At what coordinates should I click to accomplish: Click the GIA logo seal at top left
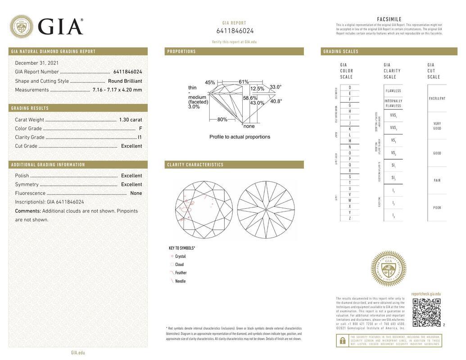tap(21, 27)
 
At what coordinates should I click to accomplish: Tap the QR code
tap(426, 312)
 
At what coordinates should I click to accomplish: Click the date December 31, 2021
tap(37, 63)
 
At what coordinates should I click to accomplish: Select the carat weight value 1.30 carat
tap(130, 120)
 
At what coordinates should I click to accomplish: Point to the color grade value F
tap(140, 129)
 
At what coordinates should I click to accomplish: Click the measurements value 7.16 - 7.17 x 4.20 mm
tap(117, 90)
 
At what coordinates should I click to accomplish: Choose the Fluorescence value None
tap(136, 193)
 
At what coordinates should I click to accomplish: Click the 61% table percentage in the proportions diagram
tap(244, 82)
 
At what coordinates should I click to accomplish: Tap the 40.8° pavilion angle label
tap(276, 101)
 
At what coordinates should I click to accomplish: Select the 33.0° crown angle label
tap(276, 87)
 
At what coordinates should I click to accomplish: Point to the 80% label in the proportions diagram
tap(222, 120)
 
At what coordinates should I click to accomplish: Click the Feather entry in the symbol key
tap(181, 273)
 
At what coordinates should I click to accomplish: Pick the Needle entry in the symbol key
tap(180, 281)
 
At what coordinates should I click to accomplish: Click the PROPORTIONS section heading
tap(181, 52)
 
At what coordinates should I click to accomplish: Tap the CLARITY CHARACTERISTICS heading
tap(195, 165)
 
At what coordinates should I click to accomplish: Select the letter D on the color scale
tap(350, 87)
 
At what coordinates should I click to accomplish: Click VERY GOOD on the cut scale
tap(437, 126)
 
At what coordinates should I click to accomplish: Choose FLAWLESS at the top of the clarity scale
tap(393, 91)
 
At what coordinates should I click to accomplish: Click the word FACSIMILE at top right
tap(389, 19)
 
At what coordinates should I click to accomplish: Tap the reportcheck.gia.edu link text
tap(426, 294)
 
